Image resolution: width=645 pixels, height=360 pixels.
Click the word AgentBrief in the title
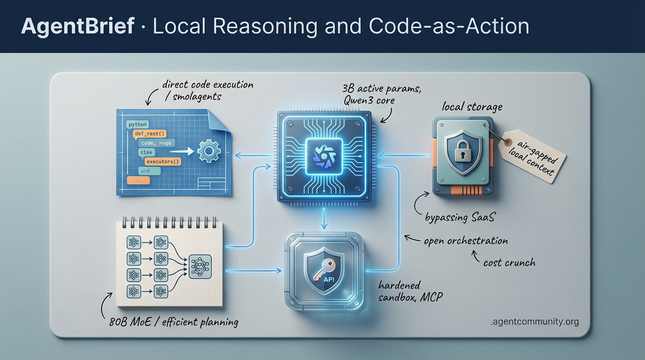[78, 27]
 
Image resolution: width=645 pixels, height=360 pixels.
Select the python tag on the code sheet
[137, 125]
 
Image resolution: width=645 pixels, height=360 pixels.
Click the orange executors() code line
[163, 162]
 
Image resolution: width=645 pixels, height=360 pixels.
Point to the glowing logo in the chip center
[322, 154]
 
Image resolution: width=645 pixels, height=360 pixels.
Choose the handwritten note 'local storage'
[472, 107]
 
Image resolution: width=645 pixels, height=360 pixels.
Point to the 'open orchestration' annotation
[465, 241]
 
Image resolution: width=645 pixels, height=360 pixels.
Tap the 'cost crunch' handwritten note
[509, 262]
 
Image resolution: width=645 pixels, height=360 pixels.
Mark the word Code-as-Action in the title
[449, 27]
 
